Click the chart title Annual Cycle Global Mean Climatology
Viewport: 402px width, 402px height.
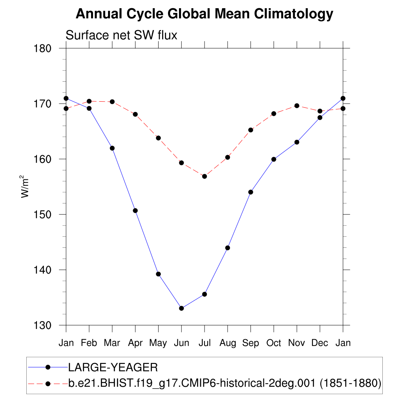coord(204,14)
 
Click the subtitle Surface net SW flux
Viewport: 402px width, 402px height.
coord(121,35)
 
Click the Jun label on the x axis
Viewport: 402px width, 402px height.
coord(181,343)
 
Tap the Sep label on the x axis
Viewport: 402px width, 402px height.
coord(250,343)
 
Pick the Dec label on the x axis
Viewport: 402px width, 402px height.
coord(320,343)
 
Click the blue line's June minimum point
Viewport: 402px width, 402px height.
coord(181,308)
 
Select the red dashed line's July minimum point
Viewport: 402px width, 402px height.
coord(205,176)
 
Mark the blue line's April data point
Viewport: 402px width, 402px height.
coord(135,210)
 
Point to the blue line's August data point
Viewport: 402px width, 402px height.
coord(228,248)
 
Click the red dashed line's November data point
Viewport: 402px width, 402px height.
coord(297,106)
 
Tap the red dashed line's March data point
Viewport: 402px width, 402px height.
coord(112,102)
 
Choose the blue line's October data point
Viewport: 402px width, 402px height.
coord(274,159)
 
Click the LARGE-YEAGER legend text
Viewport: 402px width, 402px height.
coord(113,367)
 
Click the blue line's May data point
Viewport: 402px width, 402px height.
coord(158,274)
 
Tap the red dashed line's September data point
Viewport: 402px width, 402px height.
coord(250,130)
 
